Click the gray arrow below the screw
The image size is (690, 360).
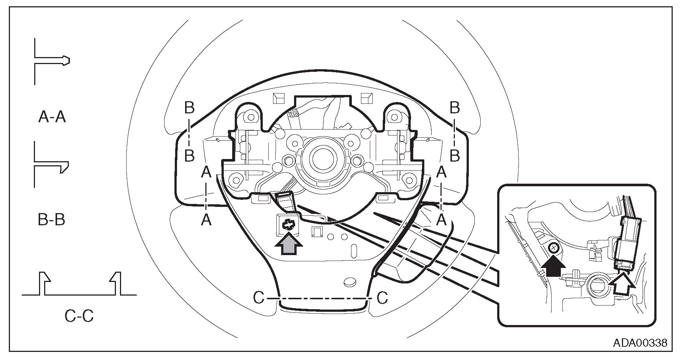click(x=289, y=244)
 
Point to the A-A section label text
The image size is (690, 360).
click(x=52, y=117)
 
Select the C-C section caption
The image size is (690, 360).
click(x=79, y=316)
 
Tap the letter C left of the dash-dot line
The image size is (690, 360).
click(x=259, y=298)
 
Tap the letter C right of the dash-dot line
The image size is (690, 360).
click(x=383, y=298)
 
